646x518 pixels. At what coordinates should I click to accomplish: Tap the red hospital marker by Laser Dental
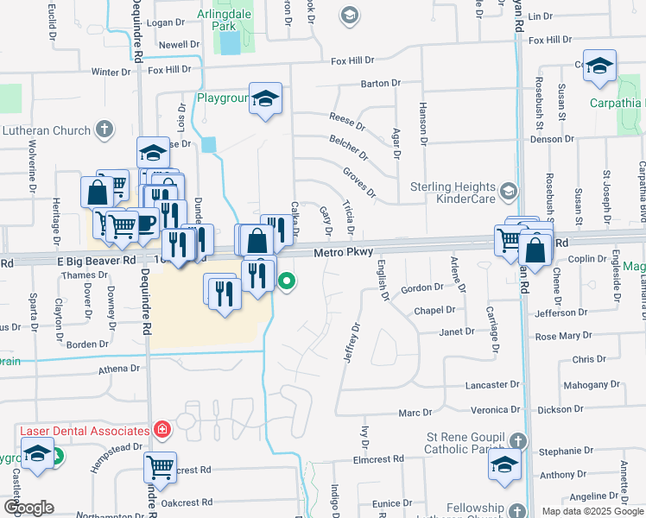pyautogui.click(x=161, y=429)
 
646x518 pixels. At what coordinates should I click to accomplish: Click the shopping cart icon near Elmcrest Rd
pyautogui.click(x=160, y=467)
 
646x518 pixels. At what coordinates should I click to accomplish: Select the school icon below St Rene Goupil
pyautogui.click(x=504, y=467)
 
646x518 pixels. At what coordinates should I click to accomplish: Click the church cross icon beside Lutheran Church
pyautogui.click(x=104, y=130)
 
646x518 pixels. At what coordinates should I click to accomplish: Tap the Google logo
pyautogui.click(x=28, y=508)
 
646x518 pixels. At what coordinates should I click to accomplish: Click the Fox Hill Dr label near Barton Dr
pyautogui.click(x=352, y=60)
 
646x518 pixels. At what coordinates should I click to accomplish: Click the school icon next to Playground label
pyautogui.click(x=266, y=98)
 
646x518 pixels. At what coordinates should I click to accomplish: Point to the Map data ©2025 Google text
pyautogui.click(x=592, y=510)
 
